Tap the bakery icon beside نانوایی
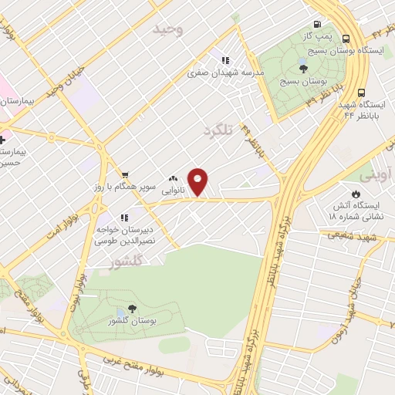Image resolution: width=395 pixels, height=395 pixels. (174, 178)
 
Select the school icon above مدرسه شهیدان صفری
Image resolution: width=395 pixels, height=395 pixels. (225, 60)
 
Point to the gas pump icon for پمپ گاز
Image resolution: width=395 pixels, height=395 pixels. (318, 24)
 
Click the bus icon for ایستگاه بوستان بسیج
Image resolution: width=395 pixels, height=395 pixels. (345, 37)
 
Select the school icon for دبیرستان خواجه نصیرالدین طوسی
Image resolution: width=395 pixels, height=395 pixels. (124, 218)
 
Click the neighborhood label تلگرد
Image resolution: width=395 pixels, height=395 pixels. (217, 132)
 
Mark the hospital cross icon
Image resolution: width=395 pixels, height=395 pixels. (3, 140)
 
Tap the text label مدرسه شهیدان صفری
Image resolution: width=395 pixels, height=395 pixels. (225, 73)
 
